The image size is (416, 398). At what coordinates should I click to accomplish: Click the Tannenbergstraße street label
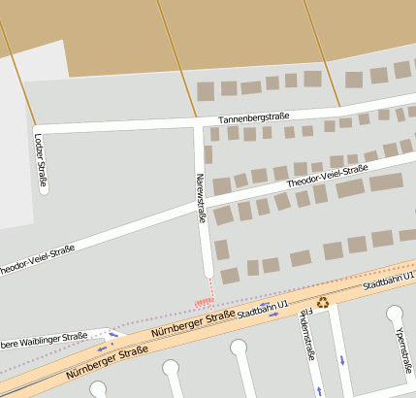pos(254,117)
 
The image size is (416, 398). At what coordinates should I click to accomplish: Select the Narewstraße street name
pos(201,198)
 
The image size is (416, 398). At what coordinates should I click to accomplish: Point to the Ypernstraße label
pos(400,354)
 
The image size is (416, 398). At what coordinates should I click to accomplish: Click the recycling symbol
pos(323,302)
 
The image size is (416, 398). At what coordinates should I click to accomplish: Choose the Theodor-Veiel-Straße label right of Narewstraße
pos(327,176)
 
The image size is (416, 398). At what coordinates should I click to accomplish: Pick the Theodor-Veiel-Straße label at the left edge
pos(37,258)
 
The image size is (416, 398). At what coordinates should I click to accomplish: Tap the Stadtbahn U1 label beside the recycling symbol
pos(264,311)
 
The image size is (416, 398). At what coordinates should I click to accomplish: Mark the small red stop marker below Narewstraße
pos(204,301)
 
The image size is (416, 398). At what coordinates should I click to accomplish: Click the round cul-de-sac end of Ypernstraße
pos(395,315)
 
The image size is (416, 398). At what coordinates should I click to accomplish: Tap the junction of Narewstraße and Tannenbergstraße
pos(199,123)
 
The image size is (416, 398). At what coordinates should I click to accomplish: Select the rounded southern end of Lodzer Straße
pos(44,190)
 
